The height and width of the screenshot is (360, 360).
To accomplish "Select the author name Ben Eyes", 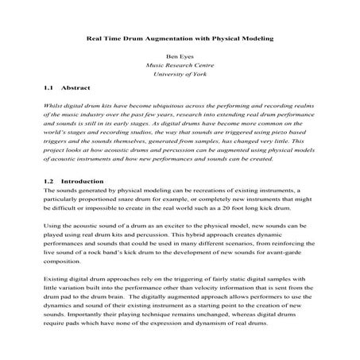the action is [179, 57].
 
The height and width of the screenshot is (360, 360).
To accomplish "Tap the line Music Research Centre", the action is [179, 66].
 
